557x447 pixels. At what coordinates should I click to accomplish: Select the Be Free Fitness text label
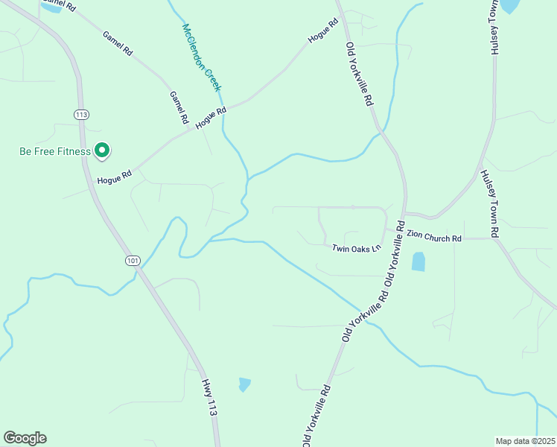[54, 152]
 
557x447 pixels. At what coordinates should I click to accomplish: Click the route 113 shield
[81, 114]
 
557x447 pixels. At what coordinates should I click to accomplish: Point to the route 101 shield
[133, 260]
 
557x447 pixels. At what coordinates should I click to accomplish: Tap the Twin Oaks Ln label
[356, 247]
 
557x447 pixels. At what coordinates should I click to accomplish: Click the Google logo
[25, 438]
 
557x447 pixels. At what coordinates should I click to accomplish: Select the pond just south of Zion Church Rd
[418, 261]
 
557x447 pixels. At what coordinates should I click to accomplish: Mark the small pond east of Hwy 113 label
[244, 384]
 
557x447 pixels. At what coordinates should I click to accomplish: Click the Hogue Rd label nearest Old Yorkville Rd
[324, 31]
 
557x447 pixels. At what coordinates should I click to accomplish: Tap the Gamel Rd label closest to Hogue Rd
[179, 108]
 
